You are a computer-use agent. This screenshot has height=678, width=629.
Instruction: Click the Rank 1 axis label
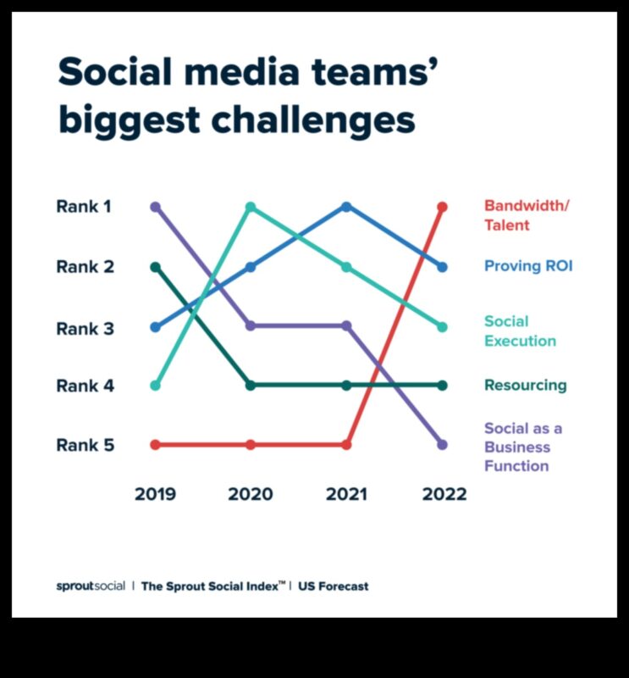pyautogui.click(x=85, y=206)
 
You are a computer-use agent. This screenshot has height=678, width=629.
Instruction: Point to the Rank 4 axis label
pyautogui.click(x=85, y=386)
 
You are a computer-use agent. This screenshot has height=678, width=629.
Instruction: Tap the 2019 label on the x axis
pyautogui.click(x=155, y=494)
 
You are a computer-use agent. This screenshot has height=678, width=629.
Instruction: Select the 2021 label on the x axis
pyautogui.click(x=347, y=494)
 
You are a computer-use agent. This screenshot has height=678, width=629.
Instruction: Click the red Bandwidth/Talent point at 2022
pyautogui.click(x=442, y=207)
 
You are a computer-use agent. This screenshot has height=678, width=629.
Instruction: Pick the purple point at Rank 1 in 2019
pyautogui.click(x=155, y=207)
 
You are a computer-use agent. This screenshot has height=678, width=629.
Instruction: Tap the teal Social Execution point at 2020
pyautogui.click(x=251, y=207)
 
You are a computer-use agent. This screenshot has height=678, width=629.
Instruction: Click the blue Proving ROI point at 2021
pyautogui.click(x=346, y=207)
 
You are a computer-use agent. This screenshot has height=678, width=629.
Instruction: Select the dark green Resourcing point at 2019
pyautogui.click(x=155, y=267)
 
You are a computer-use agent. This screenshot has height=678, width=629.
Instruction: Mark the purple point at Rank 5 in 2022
pyautogui.click(x=442, y=444)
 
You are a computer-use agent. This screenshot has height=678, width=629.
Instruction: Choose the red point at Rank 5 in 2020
pyautogui.click(x=251, y=444)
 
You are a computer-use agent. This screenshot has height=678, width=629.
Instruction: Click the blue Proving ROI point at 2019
pyautogui.click(x=155, y=326)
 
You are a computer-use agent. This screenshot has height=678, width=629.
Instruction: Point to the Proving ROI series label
pyautogui.click(x=528, y=266)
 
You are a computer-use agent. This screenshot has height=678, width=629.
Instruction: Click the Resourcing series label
pyautogui.click(x=525, y=386)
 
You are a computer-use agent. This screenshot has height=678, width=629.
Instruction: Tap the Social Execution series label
pyautogui.click(x=520, y=331)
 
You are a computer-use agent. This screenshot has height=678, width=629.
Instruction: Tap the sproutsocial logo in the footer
pyautogui.click(x=91, y=586)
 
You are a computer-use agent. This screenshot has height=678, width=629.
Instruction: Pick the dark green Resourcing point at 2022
pyautogui.click(x=442, y=386)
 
